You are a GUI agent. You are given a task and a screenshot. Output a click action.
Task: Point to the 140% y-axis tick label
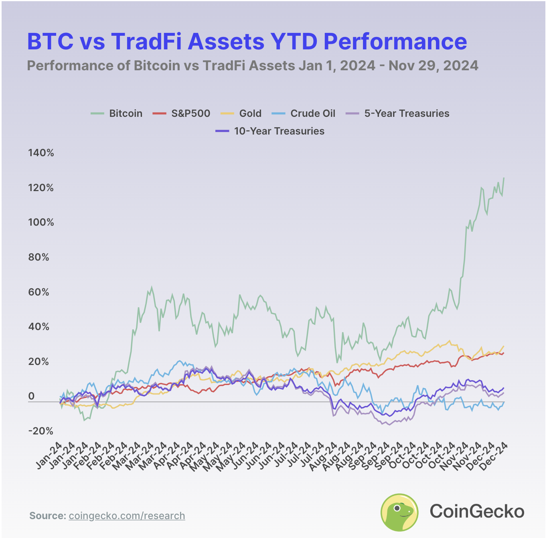click(x=41, y=153)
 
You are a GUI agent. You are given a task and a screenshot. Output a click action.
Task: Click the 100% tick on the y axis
click(x=41, y=222)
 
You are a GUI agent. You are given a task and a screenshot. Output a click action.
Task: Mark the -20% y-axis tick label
click(x=41, y=431)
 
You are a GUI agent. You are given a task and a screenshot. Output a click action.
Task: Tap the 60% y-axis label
click(x=38, y=292)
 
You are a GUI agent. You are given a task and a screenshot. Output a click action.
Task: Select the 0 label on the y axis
click(x=31, y=397)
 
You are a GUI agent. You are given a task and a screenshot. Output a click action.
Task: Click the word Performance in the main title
click(x=395, y=41)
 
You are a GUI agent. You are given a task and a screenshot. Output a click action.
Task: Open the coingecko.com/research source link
click(x=127, y=516)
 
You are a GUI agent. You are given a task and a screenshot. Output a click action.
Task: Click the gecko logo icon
click(x=399, y=512)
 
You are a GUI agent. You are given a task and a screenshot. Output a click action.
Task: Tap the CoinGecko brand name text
click(x=477, y=512)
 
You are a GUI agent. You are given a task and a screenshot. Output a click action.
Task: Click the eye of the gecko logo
click(x=397, y=508)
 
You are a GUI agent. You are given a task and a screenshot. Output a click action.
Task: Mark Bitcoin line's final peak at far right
click(x=504, y=178)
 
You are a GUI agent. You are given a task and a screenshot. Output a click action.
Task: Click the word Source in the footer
click(x=47, y=516)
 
